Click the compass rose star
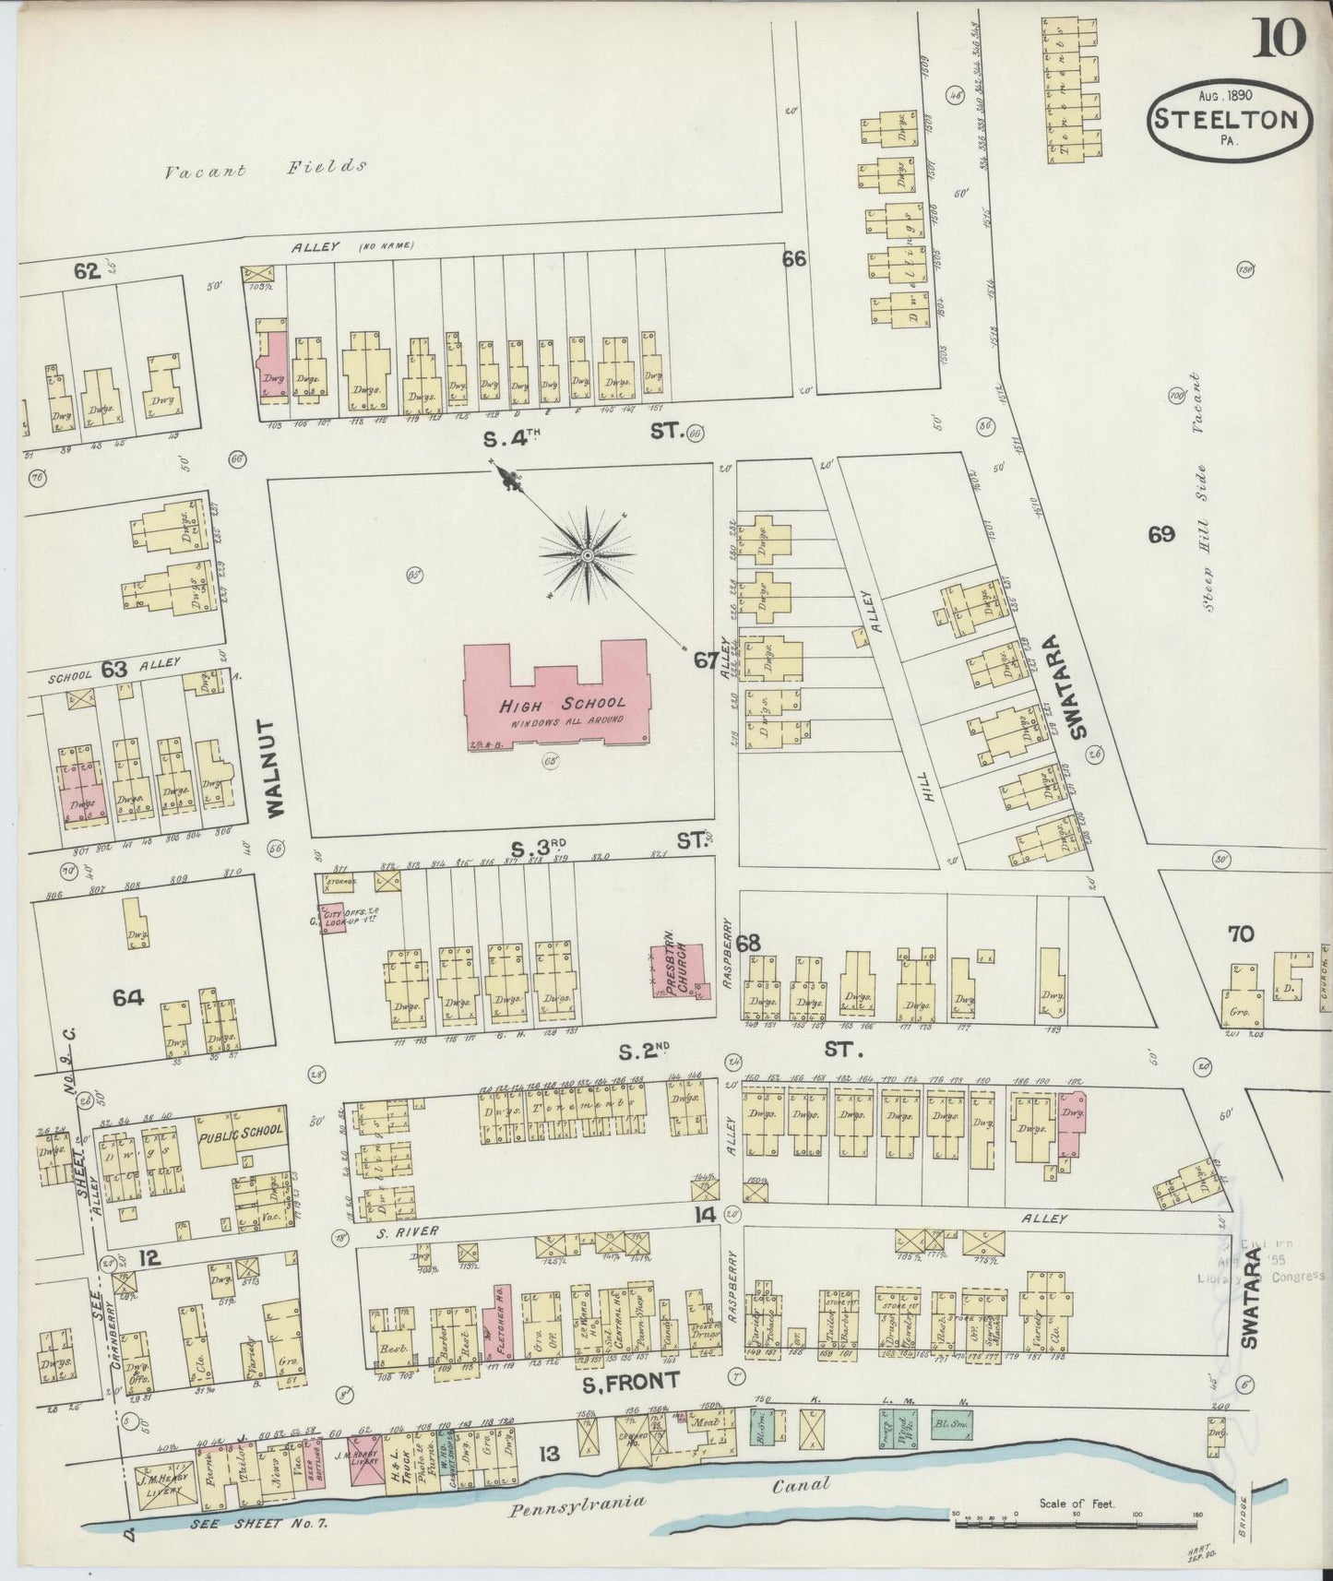point(587,556)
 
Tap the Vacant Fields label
point(266,169)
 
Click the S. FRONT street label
point(630,1380)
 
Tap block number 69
point(1160,534)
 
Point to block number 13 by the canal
point(549,1455)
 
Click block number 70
point(1241,934)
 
